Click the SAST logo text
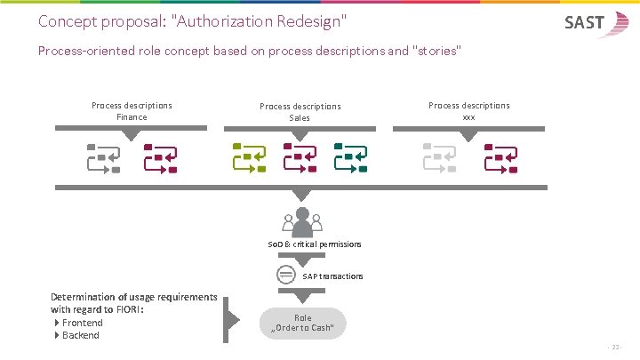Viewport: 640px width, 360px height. pos(584,23)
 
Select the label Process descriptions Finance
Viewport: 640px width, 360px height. pos(132,111)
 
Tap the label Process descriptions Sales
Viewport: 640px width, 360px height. pos(300,112)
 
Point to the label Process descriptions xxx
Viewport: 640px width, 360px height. pos(468,111)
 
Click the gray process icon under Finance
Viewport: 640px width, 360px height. pos(102,157)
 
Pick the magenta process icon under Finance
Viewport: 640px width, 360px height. pos(160,157)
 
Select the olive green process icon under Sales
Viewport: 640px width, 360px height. pos(248,157)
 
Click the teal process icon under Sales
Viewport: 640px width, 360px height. pos(351,157)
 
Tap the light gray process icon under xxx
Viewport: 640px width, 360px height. pos(439,157)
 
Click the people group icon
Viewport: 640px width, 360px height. pos(301,221)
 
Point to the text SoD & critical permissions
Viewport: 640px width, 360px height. pos(315,244)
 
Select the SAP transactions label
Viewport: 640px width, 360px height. pos(332,276)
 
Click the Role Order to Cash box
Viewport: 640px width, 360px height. pos(302,323)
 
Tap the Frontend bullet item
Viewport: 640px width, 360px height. pos(82,323)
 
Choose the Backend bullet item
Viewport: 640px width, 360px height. pos(80,335)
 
